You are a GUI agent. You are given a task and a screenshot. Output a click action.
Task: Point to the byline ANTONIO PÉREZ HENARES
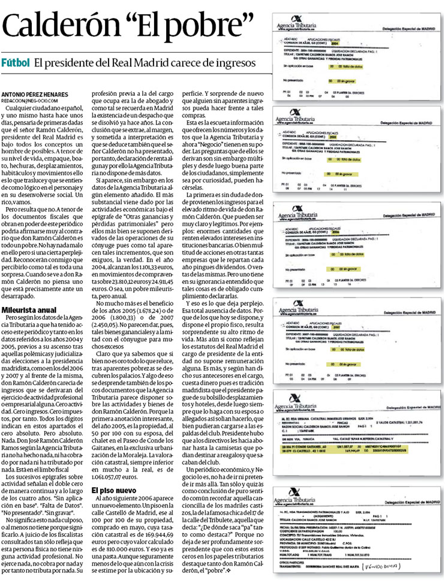[x=34, y=95]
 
